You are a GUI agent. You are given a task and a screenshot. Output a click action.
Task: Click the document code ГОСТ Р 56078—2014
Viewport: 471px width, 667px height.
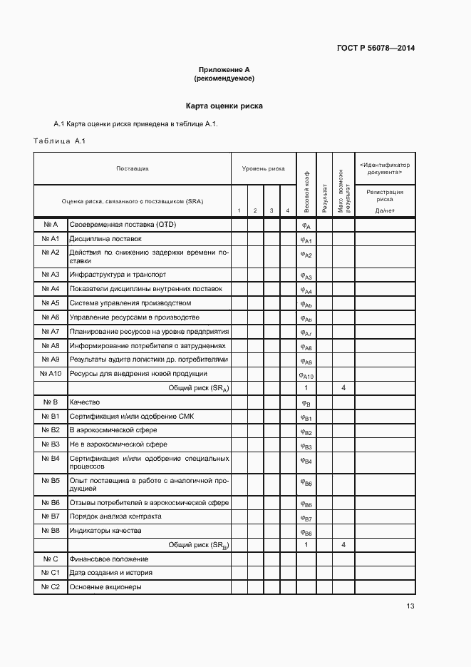tap(375, 49)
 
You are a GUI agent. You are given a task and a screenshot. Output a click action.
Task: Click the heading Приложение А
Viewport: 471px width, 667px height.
tap(224, 70)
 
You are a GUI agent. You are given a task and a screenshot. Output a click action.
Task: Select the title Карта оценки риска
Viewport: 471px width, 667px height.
tap(224, 106)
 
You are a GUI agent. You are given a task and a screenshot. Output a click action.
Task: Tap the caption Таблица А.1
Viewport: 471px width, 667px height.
tap(59, 141)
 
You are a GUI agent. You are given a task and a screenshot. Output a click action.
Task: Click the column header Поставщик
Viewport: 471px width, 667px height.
tap(133, 169)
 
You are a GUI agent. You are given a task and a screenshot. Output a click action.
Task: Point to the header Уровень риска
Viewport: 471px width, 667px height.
tap(263, 169)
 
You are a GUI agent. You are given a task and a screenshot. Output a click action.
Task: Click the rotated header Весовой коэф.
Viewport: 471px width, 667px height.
tap(306, 192)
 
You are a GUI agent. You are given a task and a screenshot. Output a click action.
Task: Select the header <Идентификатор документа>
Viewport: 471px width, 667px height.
tap(385, 168)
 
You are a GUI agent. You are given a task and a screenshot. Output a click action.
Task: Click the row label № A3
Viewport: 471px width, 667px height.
tap(51, 275)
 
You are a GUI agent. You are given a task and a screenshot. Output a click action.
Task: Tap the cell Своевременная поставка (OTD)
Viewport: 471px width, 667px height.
tap(123, 225)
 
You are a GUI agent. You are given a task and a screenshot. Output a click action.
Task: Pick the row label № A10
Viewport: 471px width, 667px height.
tap(51, 374)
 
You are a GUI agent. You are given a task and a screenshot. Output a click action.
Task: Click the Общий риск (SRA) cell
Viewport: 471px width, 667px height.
tap(198, 388)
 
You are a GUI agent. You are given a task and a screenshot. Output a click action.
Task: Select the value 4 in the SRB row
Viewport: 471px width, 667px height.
tap(343, 545)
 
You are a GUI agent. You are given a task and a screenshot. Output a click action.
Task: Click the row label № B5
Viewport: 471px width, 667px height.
tap(51, 481)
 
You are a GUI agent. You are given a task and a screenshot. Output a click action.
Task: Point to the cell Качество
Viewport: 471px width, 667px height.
tap(85, 402)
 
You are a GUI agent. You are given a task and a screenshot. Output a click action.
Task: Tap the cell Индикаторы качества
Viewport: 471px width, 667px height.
tap(105, 531)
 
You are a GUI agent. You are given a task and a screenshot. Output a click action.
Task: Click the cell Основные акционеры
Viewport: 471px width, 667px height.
tap(105, 587)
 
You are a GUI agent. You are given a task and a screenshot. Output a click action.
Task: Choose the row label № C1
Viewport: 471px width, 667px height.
tap(51, 573)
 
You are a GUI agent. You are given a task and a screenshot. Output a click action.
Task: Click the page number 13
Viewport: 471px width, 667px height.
tap(410, 606)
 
